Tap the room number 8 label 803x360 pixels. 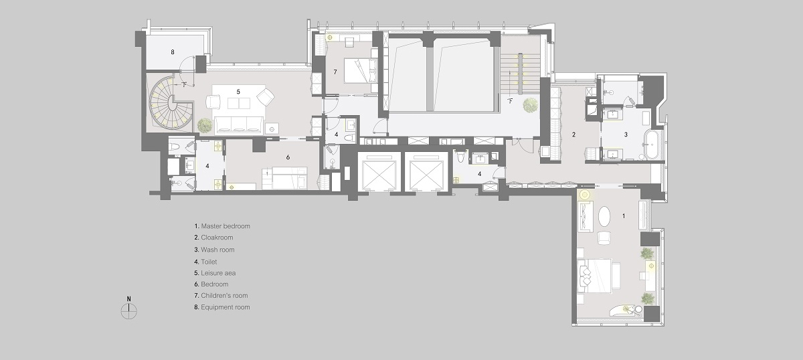(x=173, y=52)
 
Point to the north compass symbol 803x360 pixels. (x=129, y=310)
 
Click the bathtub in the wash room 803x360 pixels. (x=650, y=145)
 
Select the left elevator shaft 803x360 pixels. (x=379, y=172)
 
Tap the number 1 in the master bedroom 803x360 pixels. (x=624, y=216)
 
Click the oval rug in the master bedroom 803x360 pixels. (x=604, y=216)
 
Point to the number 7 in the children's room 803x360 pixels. (x=335, y=72)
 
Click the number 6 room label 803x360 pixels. (x=288, y=157)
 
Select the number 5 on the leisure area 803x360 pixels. (x=238, y=92)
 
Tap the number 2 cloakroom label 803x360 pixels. (x=574, y=134)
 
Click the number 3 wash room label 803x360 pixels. (x=626, y=134)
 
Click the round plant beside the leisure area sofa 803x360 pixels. (x=205, y=125)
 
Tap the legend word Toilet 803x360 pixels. (x=209, y=262)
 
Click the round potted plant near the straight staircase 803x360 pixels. (x=530, y=105)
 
